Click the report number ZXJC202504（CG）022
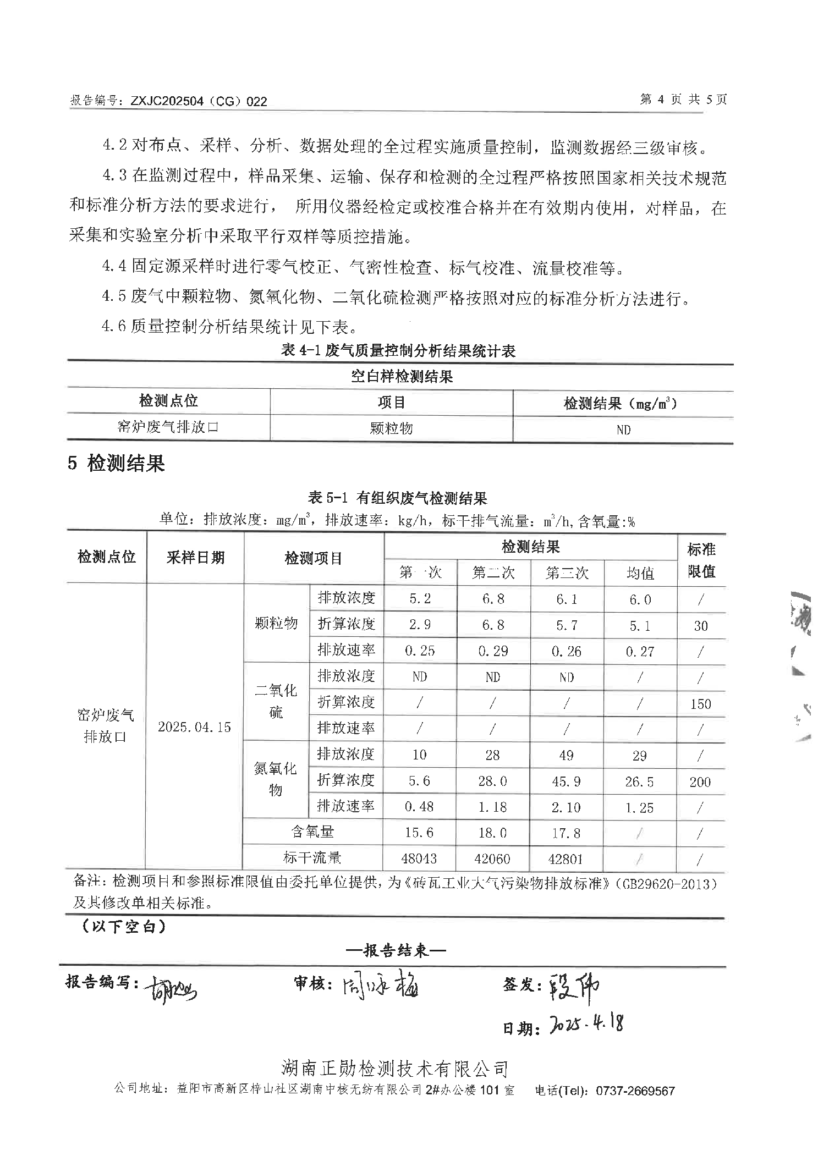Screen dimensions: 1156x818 [198, 101]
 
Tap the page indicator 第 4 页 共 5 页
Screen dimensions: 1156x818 [683, 100]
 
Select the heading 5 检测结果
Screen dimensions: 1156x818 [116, 464]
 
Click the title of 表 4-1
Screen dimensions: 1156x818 [398, 350]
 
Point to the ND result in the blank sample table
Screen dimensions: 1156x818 [623, 430]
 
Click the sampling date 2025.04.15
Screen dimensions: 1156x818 [194, 727]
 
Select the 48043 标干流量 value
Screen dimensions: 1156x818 [420, 858]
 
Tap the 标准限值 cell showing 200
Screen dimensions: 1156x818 [700, 781]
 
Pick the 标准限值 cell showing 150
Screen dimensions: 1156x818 [700, 704]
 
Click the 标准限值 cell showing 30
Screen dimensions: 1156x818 [700, 626]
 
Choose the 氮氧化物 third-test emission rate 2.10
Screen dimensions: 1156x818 [566, 807]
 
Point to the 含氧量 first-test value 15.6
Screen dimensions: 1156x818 [419, 833]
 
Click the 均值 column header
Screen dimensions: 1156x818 [640, 574]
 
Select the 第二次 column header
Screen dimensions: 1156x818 [493, 574]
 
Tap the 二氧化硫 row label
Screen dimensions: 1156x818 [276, 701]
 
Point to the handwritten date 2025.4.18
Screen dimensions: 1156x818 [586, 1025]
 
